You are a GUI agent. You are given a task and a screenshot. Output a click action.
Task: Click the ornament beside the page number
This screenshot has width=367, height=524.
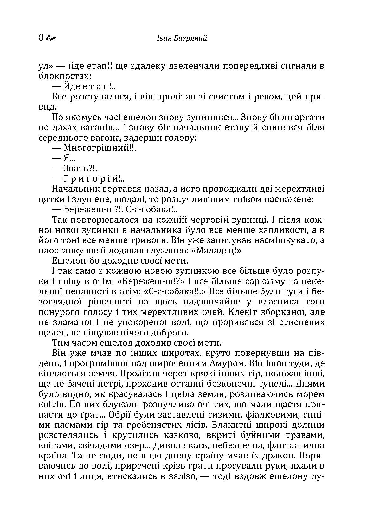(51, 39)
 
